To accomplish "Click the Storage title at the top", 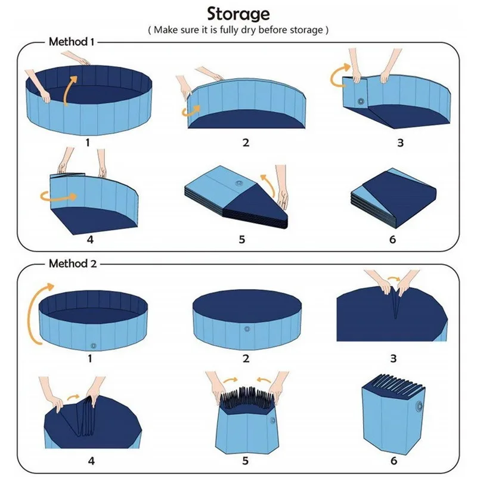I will click(x=238, y=14).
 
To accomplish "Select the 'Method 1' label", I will click(x=71, y=42).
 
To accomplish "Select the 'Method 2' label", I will click(x=71, y=263).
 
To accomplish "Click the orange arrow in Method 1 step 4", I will click(x=58, y=195).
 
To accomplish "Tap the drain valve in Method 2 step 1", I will click(x=92, y=346).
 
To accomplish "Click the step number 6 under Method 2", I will click(x=392, y=460).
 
